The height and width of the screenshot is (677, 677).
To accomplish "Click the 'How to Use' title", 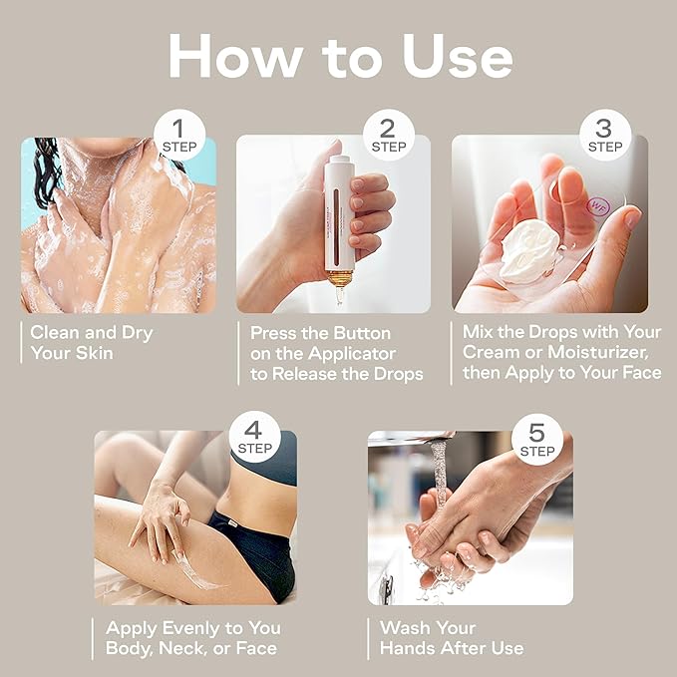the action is tap(340, 56).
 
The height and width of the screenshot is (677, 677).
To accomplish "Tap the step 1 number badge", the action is tap(179, 136).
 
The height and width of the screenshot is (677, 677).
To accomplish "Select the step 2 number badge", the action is tap(389, 136).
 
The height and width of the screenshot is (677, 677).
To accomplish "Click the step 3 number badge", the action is tap(605, 136).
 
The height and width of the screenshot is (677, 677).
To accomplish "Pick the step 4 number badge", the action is tap(254, 437).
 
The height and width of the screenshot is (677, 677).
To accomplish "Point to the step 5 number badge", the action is tap(537, 439).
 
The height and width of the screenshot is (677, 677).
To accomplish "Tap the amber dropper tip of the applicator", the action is tap(339, 287).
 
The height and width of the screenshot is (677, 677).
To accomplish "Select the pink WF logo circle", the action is tap(597, 206).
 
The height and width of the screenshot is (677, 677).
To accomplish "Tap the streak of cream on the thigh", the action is tap(193, 570).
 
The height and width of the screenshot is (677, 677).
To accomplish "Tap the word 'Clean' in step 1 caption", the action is tap(55, 332).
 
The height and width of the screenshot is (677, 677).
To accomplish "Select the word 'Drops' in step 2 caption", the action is tap(399, 374).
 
